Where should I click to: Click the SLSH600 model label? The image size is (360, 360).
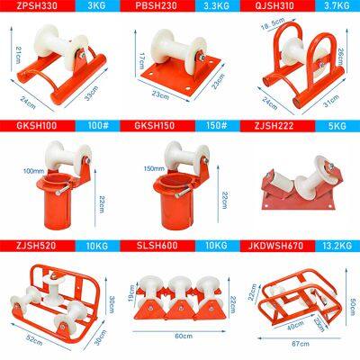[158, 243]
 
